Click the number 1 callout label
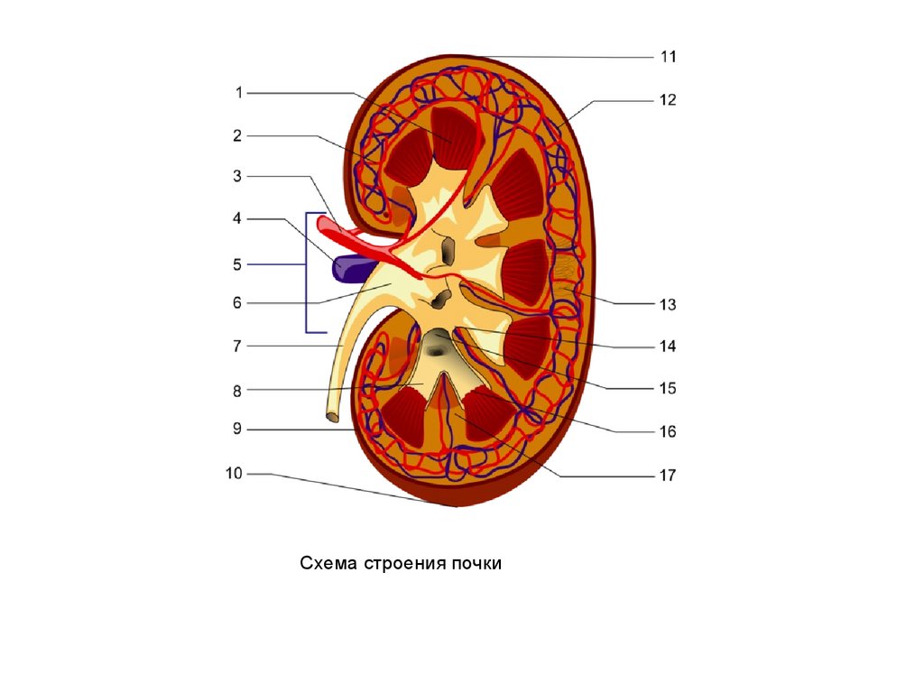coord(239,92)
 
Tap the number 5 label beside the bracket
coord(237,264)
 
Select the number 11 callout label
coord(668,57)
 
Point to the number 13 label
coord(668,305)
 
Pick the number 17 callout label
coord(668,475)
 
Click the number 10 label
coord(235,473)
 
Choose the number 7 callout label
coord(237,346)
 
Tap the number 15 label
coord(668,389)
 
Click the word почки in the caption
coord(471,564)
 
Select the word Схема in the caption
coord(329,564)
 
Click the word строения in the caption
coord(401,564)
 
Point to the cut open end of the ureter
coord(332,416)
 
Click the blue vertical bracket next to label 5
coord(309,271)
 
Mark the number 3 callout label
coord(237,177)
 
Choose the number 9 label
coord(237,430)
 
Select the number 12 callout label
coord(668,100)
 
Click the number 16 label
coord(668,432)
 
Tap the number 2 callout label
coord(237,136)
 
